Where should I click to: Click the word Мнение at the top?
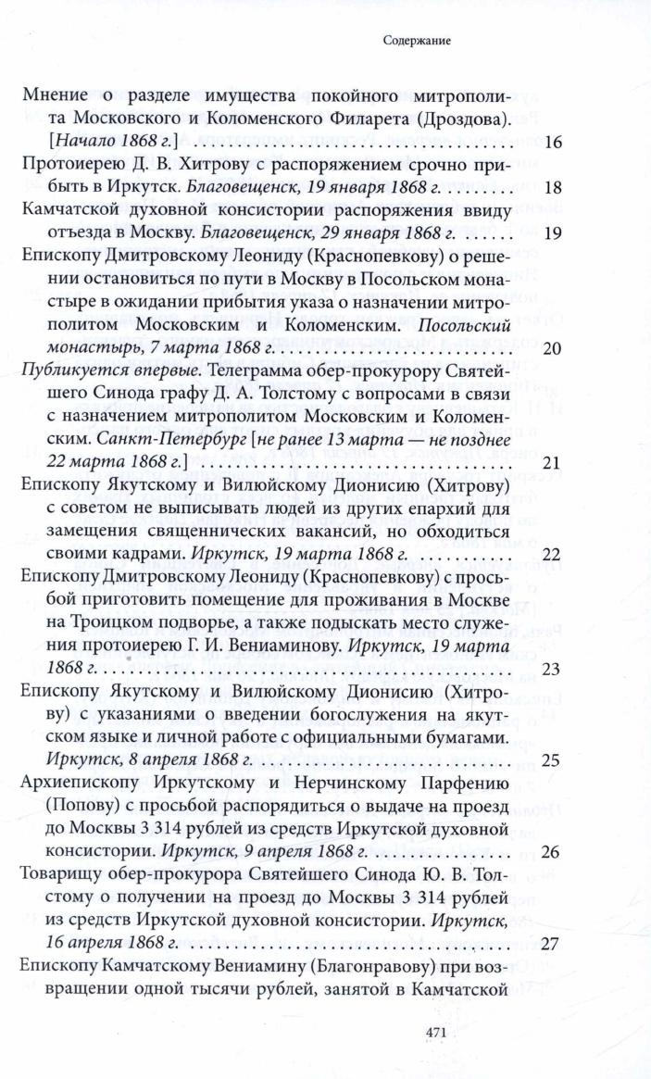(x=56, y=96)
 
